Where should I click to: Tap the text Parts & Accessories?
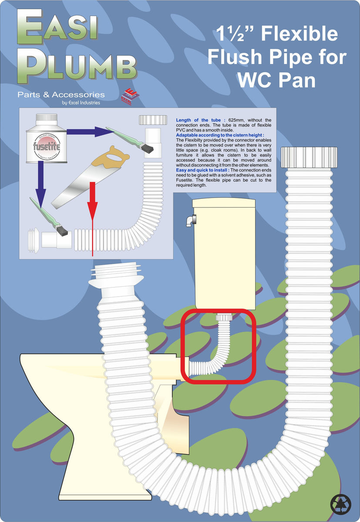pyautogui.click(x=61, y=94)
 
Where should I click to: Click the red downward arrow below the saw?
pyautogui.click(x=92, y=217)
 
